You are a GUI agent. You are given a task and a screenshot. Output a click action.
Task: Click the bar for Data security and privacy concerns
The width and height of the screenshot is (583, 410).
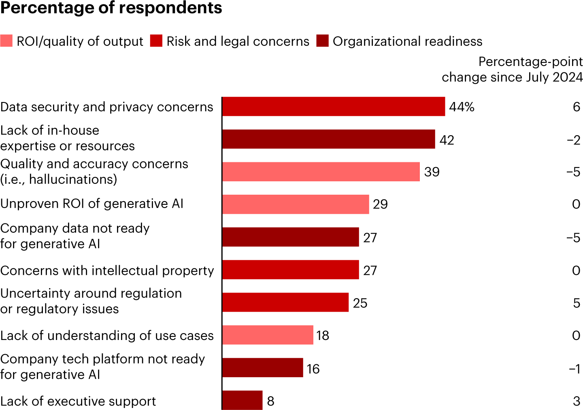(x=333, y=106)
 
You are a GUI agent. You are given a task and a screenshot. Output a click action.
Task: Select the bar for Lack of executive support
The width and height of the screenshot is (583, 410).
(x=242, y=400)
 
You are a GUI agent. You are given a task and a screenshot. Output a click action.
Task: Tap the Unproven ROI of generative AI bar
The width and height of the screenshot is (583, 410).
(x=296, y=204)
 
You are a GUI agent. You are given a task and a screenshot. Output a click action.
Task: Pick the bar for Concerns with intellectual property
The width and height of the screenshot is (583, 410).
(x=290, y=270)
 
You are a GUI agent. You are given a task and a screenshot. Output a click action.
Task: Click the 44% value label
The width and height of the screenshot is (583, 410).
(x=462, y=107)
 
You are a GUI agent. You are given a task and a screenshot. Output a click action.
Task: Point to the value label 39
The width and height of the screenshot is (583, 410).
(x=432, y=172)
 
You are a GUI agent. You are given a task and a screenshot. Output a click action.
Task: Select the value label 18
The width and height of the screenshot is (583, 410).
(x=323, y=336)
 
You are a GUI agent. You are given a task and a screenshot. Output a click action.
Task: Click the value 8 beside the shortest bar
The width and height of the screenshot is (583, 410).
(x=271, y=401)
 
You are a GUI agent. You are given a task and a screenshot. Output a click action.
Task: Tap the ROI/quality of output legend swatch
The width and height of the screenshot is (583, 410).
(x=6, y=41)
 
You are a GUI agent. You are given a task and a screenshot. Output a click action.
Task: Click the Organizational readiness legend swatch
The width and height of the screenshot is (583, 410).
(x=323, y=41)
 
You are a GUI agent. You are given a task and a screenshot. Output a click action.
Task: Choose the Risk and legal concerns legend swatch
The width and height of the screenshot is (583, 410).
(x=156, y=41)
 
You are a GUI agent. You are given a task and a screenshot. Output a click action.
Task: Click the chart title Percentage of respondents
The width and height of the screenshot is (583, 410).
(x=111, y=8)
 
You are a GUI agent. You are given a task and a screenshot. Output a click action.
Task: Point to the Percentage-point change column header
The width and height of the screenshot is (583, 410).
(x=512, y=69)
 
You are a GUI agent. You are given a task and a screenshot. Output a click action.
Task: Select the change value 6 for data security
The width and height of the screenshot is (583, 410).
(x=577, y=107)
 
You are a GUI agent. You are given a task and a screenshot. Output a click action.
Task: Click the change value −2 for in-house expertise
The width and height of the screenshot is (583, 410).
(x=574, y=140)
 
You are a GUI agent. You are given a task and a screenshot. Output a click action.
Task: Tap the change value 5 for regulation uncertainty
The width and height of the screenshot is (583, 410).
(x=577, y=303)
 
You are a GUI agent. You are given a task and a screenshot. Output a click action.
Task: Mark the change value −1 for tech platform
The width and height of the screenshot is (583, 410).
(x=574, y=369)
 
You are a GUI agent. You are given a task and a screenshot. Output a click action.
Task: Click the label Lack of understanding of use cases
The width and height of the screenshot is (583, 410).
(x=107, y=336)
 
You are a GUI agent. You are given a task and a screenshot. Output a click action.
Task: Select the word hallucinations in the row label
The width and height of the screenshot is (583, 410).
(x=73, y=179)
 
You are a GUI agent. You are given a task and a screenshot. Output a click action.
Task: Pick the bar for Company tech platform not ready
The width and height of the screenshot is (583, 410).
(x=262, y=368)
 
